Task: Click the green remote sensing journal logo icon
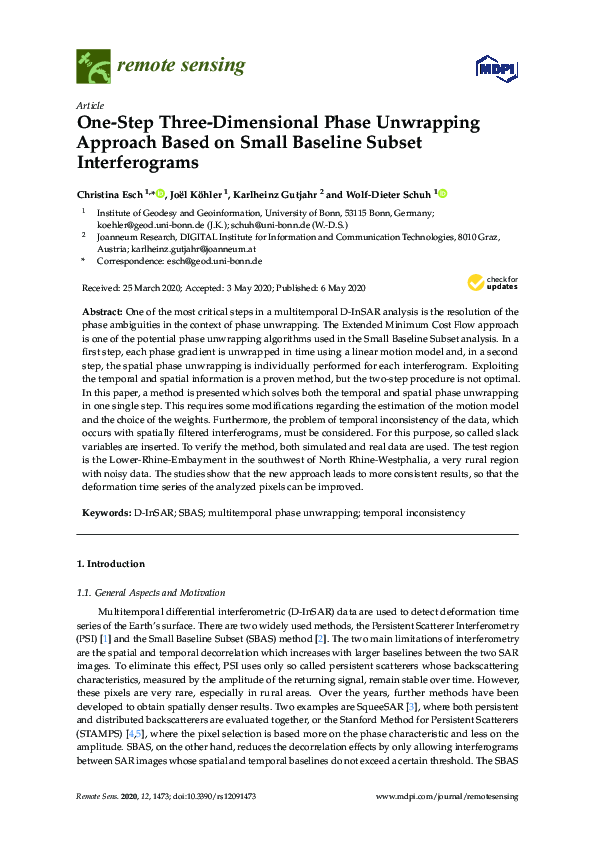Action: click(93, 67)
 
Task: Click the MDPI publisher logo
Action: click(497, 68)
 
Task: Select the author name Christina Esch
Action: click(110, 194)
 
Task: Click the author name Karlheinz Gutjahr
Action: click(283, 194)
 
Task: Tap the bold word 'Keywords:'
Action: click(106, 513)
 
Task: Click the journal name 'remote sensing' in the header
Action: click(181, 67)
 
